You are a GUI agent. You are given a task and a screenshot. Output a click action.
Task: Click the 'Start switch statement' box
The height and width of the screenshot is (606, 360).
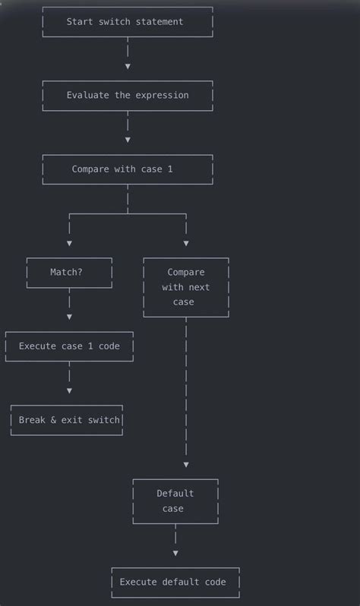127,22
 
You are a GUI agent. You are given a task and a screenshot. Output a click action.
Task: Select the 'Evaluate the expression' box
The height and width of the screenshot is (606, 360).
127,96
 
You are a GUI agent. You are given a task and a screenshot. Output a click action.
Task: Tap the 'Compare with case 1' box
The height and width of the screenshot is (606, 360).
127,169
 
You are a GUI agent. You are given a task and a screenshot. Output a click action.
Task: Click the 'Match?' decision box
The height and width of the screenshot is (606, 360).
69,272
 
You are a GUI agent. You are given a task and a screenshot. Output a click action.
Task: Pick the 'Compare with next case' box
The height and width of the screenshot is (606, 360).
186,287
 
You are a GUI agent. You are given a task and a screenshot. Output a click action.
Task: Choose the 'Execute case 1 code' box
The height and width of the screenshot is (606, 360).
69,346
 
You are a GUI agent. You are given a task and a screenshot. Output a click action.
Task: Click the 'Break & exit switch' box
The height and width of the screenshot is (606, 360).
67,420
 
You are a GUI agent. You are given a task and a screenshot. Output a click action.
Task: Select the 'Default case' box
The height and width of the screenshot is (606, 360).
175,501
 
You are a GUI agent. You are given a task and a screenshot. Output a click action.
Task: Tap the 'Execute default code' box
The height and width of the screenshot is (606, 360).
175,582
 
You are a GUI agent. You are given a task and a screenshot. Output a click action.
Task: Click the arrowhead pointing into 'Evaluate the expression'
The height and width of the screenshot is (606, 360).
128,67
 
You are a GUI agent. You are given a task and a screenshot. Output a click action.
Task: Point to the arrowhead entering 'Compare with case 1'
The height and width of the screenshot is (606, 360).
128,140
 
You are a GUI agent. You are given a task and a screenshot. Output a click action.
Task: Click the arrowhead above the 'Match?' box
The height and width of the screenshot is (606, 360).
69,244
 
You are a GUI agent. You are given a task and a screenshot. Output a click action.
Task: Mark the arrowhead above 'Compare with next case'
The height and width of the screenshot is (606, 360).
186,244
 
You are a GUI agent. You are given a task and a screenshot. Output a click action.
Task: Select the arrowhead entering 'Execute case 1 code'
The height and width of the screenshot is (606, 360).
69,317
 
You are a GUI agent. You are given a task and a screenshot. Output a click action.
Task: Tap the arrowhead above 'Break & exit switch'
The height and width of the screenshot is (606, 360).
69,391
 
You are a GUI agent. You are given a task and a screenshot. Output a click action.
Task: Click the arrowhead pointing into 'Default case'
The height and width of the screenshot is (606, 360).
186,465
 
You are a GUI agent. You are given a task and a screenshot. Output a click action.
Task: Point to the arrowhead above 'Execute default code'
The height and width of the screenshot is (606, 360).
175,554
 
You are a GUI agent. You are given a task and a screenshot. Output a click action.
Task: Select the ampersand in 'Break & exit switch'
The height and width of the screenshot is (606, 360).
54,420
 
